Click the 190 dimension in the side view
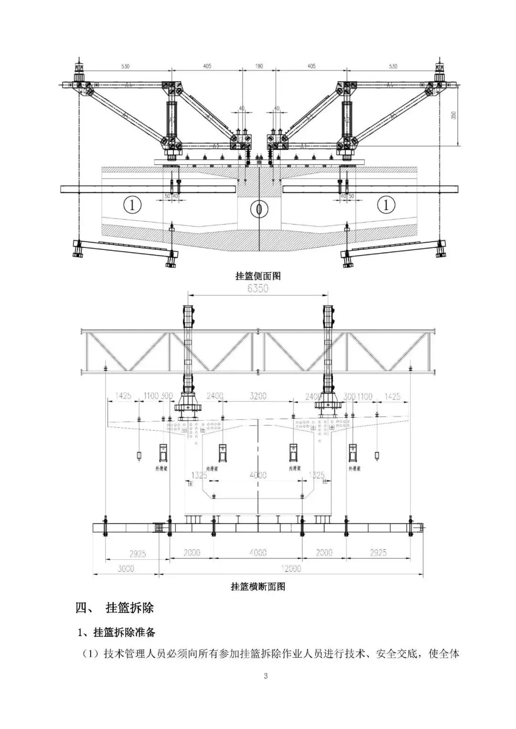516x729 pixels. [258, 66]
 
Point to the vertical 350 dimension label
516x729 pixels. [453, 115]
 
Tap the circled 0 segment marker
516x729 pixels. [258, 208]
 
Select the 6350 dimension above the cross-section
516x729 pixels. [258, 288]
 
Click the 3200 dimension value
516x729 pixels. [258, 396]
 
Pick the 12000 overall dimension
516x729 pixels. [291, 568]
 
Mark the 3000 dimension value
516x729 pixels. [126, 568]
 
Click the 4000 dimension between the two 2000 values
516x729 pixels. [258, 553]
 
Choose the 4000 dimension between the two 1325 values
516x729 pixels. [258, 475]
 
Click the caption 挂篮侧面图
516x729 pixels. [258, 276]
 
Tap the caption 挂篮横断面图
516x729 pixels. [258, 587]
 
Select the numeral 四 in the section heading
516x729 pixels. [81, 608]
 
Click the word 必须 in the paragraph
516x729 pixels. [184, 654]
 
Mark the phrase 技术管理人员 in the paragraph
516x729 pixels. [136, 654]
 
